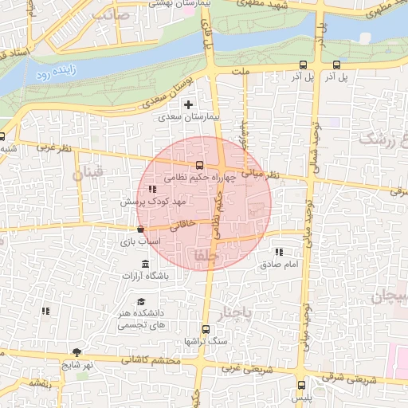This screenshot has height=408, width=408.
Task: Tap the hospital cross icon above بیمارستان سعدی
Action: pos(188,104)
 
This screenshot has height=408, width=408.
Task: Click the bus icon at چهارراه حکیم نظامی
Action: pos(199,166)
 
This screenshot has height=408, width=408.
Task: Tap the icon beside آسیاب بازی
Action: pos(141,229)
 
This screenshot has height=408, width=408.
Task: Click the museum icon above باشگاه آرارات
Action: pos(144,264)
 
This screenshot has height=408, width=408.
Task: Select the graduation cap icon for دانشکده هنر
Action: pos(141,302)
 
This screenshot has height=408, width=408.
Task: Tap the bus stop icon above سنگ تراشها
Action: pos(206,329)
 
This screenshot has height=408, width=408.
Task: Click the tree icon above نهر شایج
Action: pos(77,352)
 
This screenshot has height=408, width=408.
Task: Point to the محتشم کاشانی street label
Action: pos(154,360)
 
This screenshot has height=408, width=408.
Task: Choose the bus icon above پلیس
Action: pos(300,384)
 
